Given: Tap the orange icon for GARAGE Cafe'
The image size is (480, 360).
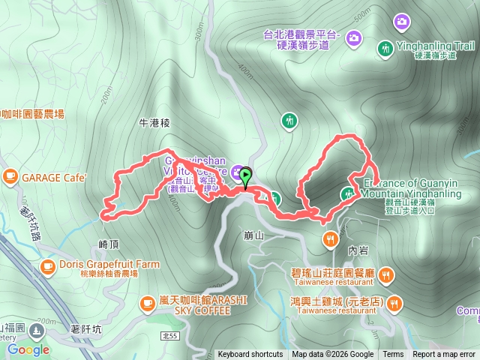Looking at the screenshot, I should tap(10, 176).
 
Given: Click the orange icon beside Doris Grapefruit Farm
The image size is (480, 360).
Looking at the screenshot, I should tap(47, 265).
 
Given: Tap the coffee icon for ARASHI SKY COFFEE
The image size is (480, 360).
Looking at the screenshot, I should tap(147, 303).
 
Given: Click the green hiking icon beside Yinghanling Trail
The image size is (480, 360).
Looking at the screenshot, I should tap(385, 48).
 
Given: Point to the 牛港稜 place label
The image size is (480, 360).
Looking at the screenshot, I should tap(156, 121).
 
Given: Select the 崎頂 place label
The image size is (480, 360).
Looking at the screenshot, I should tap(109, 244).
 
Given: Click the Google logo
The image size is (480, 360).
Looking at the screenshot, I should tap(28, 349).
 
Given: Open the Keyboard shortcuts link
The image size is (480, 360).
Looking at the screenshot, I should tap(250, 355).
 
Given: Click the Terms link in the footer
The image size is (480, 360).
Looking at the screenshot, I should tap(393, 355).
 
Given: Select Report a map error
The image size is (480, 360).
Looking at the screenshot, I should tap(445, 355).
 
